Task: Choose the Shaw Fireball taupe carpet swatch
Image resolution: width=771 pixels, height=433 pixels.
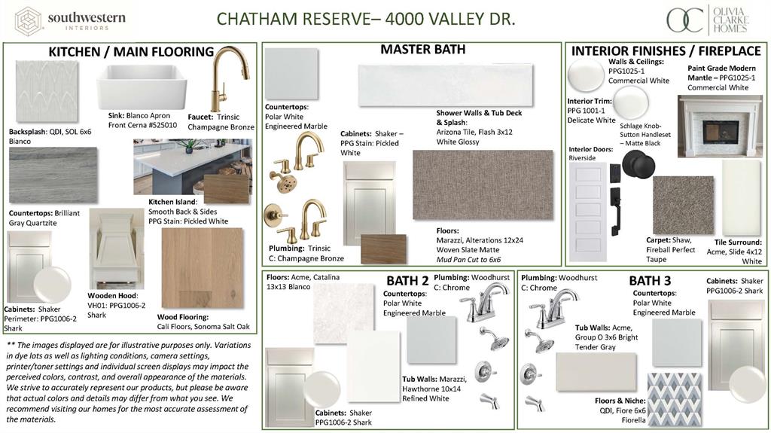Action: tap(683, 206)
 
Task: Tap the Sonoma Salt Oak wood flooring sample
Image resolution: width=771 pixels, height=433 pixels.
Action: tap(203, 268)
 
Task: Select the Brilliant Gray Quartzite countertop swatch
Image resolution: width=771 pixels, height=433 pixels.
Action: tap(53, 175)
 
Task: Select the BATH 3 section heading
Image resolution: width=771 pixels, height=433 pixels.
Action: tap(650, 281)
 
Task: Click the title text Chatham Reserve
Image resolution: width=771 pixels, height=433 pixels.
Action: tap(293, 18)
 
